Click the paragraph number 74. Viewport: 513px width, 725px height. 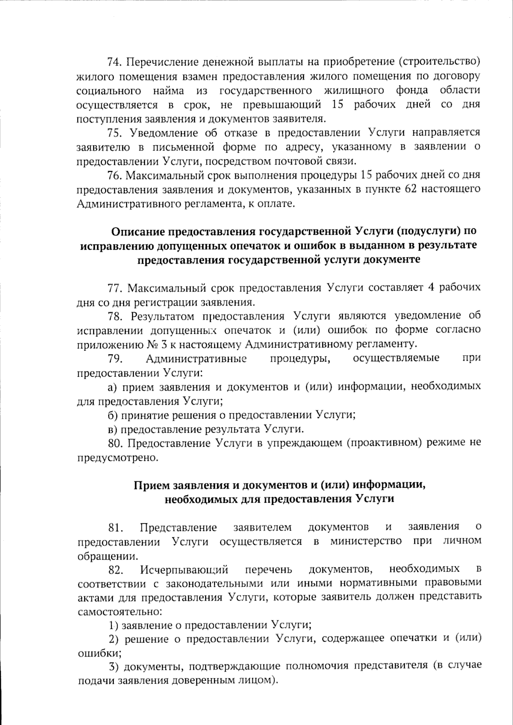pyautogui.click(x=115, y=62)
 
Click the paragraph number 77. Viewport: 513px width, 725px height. pyautogui.click(x=115, y=288)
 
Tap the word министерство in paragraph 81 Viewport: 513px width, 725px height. pyautogui.click(x=366, y=541)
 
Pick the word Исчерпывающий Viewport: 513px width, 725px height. pyautogui.click(x=184, y=569)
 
